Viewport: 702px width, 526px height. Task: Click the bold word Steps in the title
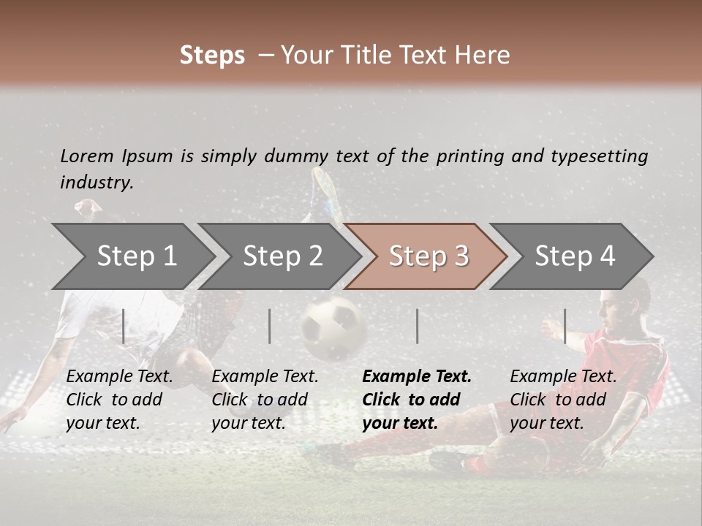(x=212, y=56)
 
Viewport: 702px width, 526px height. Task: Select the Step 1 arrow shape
(x=132, y=256)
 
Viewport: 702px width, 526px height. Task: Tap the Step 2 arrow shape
(x=282, y=256)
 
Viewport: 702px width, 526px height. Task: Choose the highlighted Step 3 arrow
(x=428, y=256)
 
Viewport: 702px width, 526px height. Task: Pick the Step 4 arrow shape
(x=574, y=256)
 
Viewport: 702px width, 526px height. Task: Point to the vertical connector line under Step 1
(x=124, y=326)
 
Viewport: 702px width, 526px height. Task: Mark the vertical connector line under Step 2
(x=270, y=326)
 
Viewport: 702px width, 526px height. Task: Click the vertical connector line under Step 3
(x=417, y=326)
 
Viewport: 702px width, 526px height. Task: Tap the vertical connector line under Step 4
(x=565, y=326)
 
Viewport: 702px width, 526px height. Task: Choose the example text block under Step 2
(x=265, y=400)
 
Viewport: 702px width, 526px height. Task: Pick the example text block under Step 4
(x=563, y=400)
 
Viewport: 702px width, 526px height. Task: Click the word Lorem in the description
(x=87, y=156)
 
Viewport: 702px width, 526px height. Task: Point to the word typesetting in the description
(x=599, y=156)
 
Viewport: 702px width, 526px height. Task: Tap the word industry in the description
(x=96, y=183)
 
